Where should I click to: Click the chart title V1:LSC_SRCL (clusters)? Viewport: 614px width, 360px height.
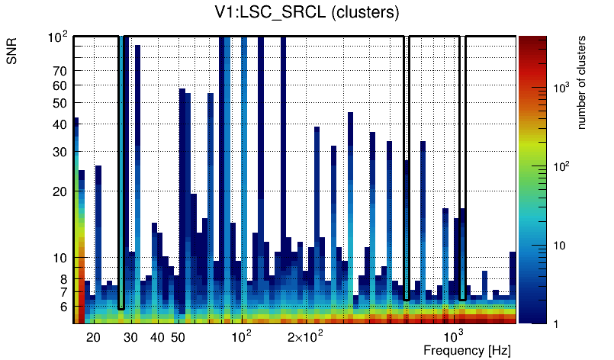[x=307, y=13]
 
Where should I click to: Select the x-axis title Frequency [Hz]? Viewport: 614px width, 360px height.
[x=467, y=350]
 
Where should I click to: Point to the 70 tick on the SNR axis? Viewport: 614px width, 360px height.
[x=59, y=71]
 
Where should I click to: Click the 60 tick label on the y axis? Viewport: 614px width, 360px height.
[x=59, y=85]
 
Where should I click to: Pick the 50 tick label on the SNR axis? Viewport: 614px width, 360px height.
[x=59, y=103]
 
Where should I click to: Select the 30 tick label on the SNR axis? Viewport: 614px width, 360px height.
[x=59, y=152]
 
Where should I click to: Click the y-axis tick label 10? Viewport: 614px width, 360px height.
[x=59, y=258]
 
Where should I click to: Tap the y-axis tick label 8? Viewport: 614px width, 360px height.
[x=63, y=279]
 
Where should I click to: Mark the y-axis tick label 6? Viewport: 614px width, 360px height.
[x=63, y=307]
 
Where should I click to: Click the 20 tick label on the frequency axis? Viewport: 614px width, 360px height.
[x=93, y=337]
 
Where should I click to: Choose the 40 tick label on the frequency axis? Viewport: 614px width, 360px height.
[x=157, y=337]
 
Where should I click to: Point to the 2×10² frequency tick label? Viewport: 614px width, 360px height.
[x=306, y=337]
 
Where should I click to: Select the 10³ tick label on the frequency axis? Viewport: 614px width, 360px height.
[x=455, y=336]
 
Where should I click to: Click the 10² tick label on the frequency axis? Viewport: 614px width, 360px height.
[x=242, y=336]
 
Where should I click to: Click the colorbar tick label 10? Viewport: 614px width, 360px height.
[x=558, y=246]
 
